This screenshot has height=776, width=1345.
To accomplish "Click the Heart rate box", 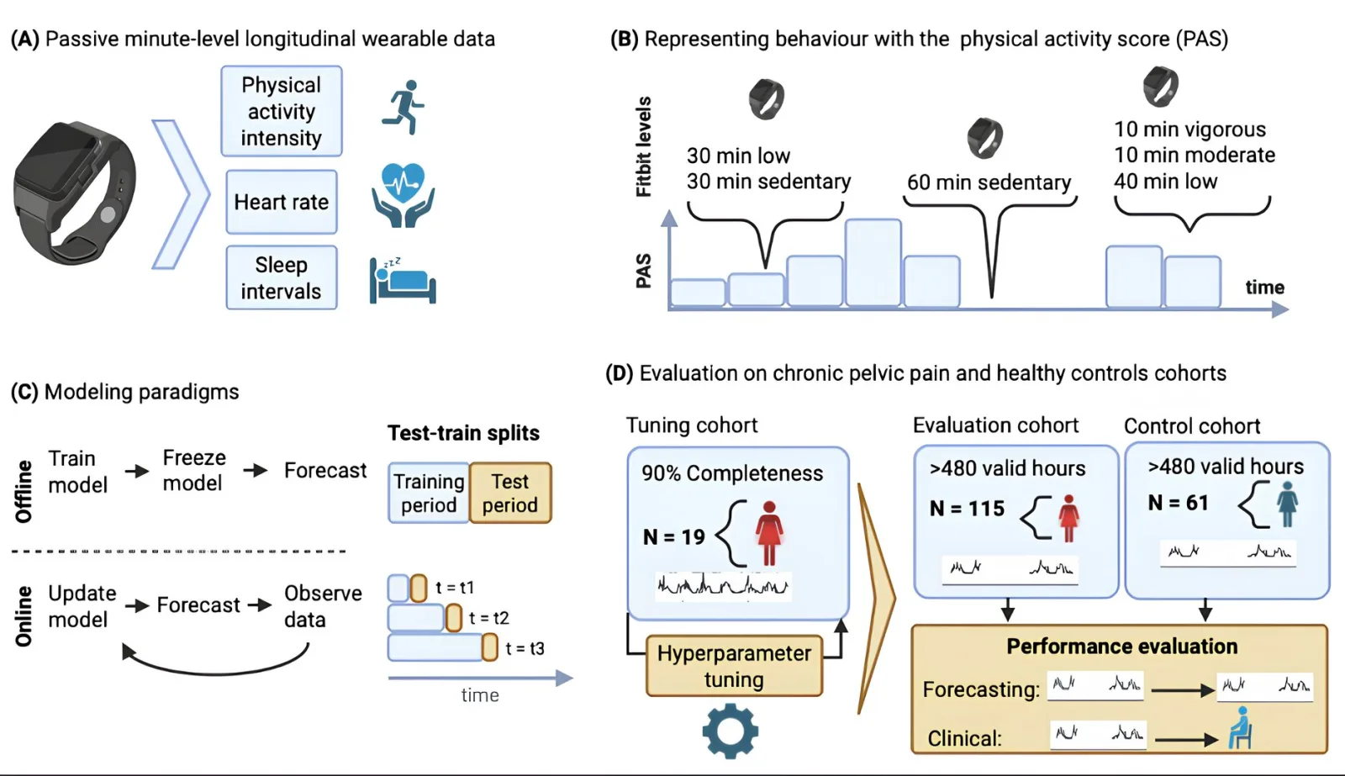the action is click(x=282, y=202).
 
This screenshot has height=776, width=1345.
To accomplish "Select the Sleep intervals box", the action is click(x=282, y=277).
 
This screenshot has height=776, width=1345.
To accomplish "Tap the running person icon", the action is click(x=403, y=107).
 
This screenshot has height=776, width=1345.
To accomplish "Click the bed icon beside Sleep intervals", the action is click(x=403, y=281).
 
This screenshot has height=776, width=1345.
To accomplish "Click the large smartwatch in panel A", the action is click(x=75, y=193).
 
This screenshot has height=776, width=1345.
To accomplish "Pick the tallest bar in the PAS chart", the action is click(x=873, y=263).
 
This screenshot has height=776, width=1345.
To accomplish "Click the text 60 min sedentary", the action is click(x=989, y=182).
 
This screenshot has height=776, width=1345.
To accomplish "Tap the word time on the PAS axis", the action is click(x=1264, y=287).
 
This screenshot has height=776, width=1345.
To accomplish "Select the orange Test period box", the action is click(x=510, y=493).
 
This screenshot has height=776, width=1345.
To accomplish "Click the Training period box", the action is click(x=429, y=493).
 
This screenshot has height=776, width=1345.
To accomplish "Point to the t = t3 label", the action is click(x=525, y=649).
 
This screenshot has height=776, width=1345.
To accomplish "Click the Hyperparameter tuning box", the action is click(x=734, y=666).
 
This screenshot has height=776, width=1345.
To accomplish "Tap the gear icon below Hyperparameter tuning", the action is click(x=731, y=731).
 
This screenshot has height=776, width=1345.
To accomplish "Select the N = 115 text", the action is click(x=967, y=509).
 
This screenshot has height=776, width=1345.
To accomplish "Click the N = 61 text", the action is click(x=1178, y=503).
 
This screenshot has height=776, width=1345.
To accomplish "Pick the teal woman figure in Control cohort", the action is click(x=1287, y=504).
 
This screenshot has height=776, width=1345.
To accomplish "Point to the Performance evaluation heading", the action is click(x=1121, y=647).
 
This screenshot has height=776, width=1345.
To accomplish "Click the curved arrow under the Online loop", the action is click(x=215, y=672).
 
